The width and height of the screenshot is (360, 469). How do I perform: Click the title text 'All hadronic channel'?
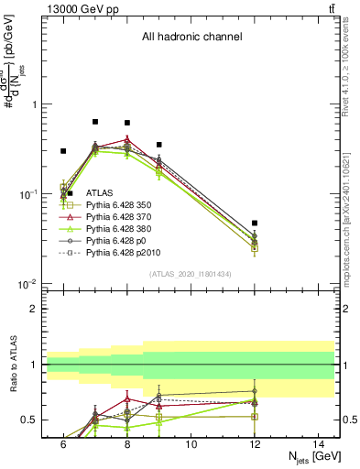pyautogui.click(x=191, y=38)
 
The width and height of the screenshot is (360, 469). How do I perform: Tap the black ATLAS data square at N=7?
pyautogui.click(x=95, y=122)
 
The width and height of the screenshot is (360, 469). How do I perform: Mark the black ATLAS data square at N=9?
pyautogui.click(x=159, y=145)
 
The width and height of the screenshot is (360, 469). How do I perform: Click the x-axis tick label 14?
pyautogui.click(x=319, y=444)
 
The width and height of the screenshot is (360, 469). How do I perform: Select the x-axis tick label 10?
pyautogui.click(x=191, y=444)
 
